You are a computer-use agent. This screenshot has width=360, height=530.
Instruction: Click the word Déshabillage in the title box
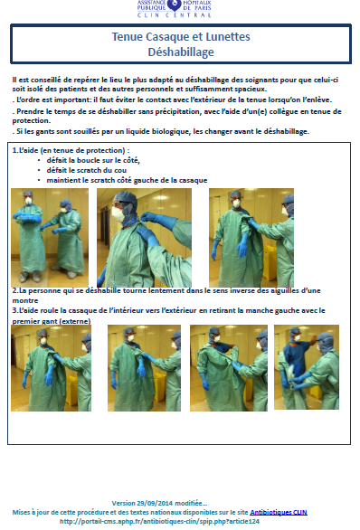click(x=181, y=52)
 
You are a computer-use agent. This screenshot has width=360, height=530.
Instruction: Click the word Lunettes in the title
click(x=228, y=36)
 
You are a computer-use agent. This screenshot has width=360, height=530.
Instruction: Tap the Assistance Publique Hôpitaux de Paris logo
click(x=174, y=8)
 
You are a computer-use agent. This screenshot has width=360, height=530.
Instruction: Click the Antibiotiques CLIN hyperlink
click(x=279, y=512)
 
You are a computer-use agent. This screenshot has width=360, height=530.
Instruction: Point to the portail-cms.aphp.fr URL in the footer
click(x=159, y=521)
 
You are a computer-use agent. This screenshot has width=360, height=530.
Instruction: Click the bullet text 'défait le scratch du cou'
click(x=87, y=170)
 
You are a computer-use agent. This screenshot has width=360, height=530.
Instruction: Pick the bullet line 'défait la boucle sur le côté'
click(x=93, y=160)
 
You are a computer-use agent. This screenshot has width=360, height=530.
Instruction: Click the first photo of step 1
click(x=50, y=238)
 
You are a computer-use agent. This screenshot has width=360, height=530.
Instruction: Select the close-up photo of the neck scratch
click(x=144, y=238)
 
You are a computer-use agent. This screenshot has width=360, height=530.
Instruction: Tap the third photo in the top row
click(x=251, y=238)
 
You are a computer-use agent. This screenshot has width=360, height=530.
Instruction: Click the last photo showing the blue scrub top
click(x=307, y=367)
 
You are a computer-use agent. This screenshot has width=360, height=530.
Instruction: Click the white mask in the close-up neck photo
click(x=118, y=214)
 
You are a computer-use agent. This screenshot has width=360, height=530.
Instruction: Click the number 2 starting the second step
click(x=14, y=290)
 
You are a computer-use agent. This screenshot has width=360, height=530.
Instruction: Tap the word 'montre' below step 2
click(x=25, y=300)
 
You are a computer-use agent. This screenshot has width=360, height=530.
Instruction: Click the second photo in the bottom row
click(x=144, y=368)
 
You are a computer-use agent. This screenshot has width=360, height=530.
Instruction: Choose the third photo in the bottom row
click(x=229, y=368)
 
